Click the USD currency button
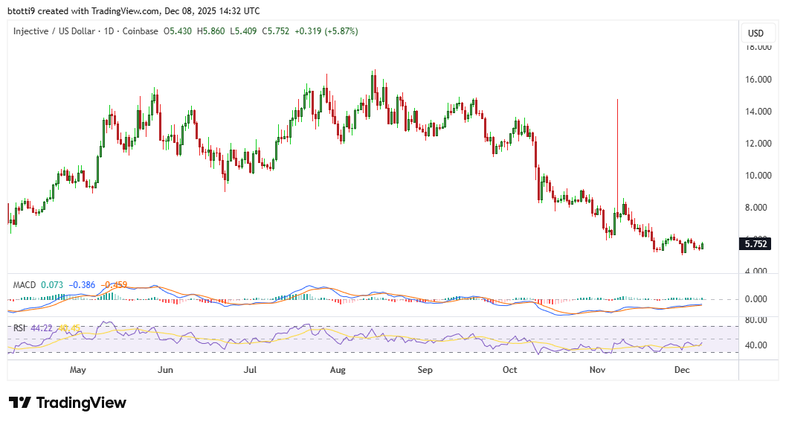tap(756, 33)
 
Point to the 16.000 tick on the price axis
tap(758, 80)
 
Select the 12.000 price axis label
tap(758, 144)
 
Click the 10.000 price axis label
tap(758, 176)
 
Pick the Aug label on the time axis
tap(338, 369)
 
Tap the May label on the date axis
tap(77, 369)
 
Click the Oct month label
tap(509, 369)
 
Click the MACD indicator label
tap(25, 285)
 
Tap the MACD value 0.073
tap(52, 285)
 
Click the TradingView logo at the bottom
tap(68, 403)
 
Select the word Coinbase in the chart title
tap(141, 31)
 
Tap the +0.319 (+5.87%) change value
tap(326, 31)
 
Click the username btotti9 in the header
tap(22, 11)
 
